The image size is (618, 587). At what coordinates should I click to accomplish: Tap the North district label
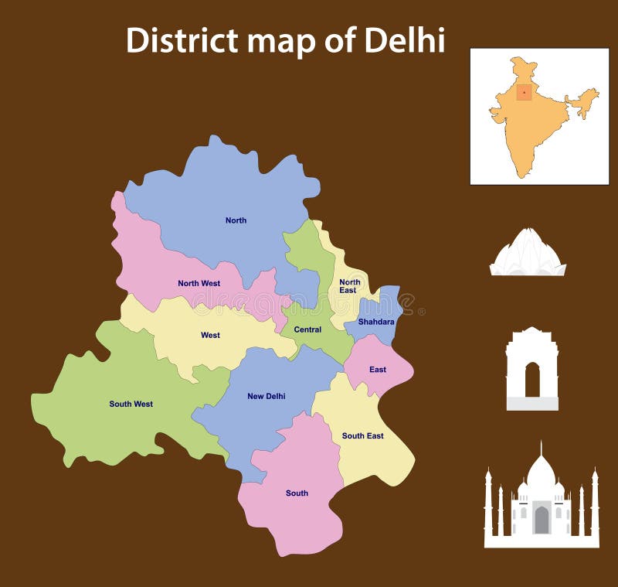(x=236, y=220)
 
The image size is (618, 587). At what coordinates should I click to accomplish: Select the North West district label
(x=199, y=283)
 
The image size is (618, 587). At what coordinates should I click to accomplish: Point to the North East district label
(x=349, y=286)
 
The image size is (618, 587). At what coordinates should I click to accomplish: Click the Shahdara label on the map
(x=376, y=322)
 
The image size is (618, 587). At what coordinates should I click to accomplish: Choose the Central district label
(x=307, y=329)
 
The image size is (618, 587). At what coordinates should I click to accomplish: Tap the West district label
(x=210, y=335)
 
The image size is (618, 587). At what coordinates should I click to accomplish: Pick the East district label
(x=377, y=370)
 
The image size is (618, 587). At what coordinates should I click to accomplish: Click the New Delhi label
(x=266, y=396)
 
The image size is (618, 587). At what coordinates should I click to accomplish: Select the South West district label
(x=131, y=404)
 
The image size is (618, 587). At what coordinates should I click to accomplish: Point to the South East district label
(x=362, y=435)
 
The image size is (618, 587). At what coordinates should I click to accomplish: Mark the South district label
(x=297, y=493)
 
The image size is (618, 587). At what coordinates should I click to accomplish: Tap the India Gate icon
(x=531, y=369)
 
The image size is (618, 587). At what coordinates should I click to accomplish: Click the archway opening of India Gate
(x=532, y=381)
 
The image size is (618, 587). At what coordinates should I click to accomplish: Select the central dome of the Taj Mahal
(x=541, y=473)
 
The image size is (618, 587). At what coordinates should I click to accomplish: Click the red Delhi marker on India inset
(x=524, y=92)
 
